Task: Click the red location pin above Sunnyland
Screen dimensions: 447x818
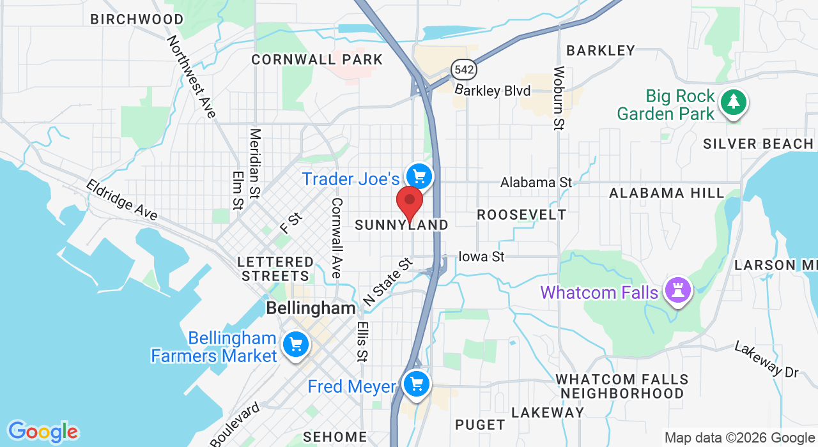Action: pyautogui.click(x=410, y=202)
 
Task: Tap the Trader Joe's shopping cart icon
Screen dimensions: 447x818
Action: pyautogui.click(x=419, y=176)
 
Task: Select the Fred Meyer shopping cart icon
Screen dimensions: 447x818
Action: pyautogui.click(x=417, y=384)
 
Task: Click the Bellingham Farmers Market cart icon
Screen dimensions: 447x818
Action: pyautogui.click(x=296, y=345)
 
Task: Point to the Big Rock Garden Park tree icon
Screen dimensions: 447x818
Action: pyautogui.click(x=734, y=102)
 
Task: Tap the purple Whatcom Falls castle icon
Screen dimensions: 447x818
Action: pyautogui.click(x=677, y=291)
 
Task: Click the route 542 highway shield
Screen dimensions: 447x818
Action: pyautogui.click(x=461, y=70)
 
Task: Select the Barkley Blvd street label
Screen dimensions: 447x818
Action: pyautogui.click(x=493, y=91)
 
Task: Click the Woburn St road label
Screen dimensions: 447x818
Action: pyautogui.click(x=559, y=98)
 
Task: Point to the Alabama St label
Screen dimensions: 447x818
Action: pyautogui.click(x=536, y=183)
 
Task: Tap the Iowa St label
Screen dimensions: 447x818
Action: pyautogui.click(x=482, y=257)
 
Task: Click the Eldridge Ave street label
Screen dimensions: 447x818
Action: pyautogui.click(x=121, y=200)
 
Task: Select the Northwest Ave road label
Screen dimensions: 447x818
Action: pyautogui.click(x=191, y=77)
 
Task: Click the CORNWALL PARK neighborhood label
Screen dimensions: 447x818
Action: pyautogui.click(x=317, y=60)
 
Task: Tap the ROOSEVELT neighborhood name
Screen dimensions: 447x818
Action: pyautogui.click(x=521, y=215)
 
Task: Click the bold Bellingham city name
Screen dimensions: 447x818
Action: pyautogui.click(x=311, y=308)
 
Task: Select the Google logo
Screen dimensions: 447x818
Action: pyautogui.click(x=43, y=432)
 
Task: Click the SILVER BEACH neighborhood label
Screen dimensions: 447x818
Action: pyautogui.click(x=759, y=144)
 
